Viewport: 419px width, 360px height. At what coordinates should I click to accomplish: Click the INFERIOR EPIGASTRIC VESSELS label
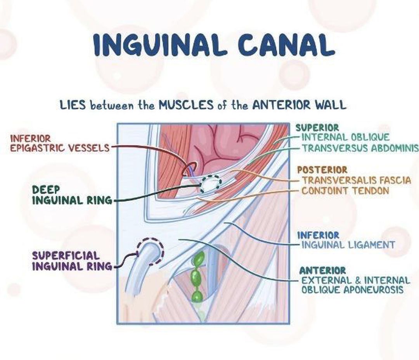(x=59, y=143)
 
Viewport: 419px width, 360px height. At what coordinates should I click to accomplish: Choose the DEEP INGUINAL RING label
(x=72, y=195)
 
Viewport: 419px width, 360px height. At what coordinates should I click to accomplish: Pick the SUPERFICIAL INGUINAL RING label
(x=72, y=261)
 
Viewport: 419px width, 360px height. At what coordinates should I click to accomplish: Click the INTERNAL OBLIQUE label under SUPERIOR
(x=345, y=137)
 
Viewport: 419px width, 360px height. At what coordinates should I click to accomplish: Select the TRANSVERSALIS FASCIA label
(x=356, y=180)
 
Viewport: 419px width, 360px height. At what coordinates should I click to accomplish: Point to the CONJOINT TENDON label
(x=345, y=191)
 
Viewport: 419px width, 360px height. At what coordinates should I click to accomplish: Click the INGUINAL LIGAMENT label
(x=348, y=245)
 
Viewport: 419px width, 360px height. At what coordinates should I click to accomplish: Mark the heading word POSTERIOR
(x=322, y=170)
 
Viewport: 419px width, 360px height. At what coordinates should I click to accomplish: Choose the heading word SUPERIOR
(x=317, y=127)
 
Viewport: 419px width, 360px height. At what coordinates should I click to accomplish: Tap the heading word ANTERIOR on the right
(x=322, y=270)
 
